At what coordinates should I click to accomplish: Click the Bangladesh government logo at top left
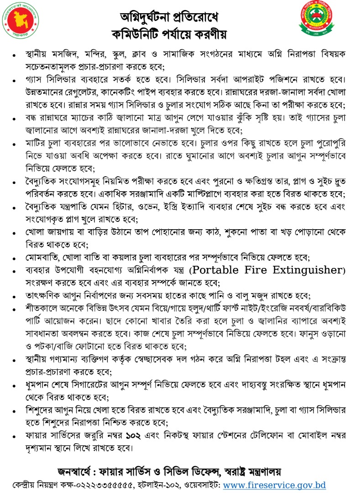tap(20, 22)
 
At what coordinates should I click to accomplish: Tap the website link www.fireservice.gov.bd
tap(274, 485)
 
